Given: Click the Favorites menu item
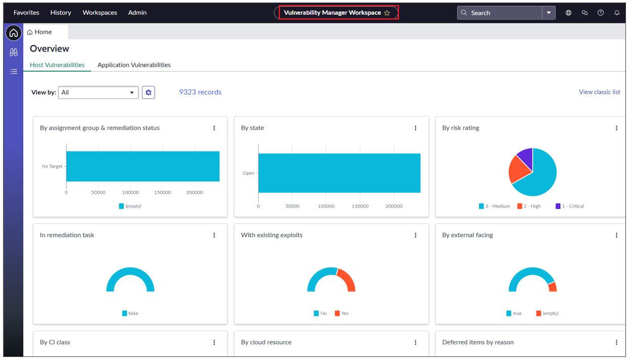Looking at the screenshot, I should tap(26, 13).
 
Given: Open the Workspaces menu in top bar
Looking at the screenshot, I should tap(100, 13).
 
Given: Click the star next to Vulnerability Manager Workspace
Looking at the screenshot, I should tap(387, 13).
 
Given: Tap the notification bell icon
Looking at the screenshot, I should tap(616, 13).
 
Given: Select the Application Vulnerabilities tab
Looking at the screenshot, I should tap(134, 65).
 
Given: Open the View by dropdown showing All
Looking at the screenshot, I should tap(99, 92).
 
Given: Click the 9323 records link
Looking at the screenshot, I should tap(200, 92).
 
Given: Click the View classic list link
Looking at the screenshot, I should tap(599, 92).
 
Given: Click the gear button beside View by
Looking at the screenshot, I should tap(148, 92).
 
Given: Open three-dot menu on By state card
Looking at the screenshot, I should tap(415, 128).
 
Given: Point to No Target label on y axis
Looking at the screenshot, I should tap(52, 166).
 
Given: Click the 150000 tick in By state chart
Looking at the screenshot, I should tap(360, 206).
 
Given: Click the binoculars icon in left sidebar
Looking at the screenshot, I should tap(14, 53).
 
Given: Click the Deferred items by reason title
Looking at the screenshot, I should tap(477, 342).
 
